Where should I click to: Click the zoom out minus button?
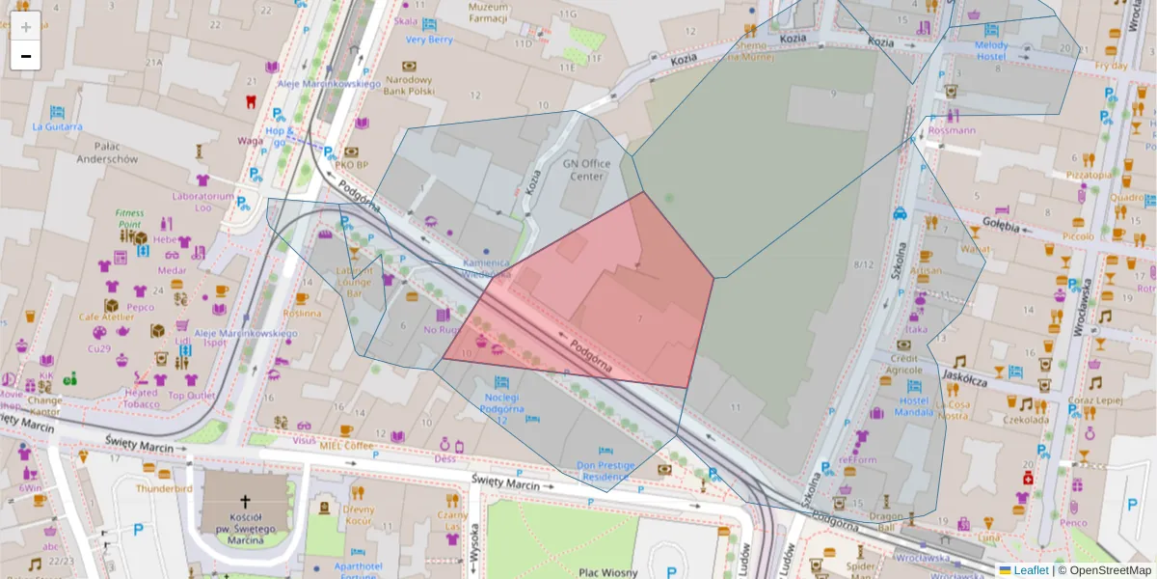click(26, 56)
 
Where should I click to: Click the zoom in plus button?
click(26, 27)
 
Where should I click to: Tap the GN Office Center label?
click(586, 170)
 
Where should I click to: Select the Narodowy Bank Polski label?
click(410, 85)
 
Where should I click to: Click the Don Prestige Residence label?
click(604, 470)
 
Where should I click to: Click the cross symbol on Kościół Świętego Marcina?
click(245, 502)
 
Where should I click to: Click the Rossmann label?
click(952, 129)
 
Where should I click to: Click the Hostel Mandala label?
click(913, 405)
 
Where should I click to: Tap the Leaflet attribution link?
click(1031, 570)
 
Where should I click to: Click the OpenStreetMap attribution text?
click(1110, 570)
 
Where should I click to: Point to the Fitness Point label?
click(129, 218)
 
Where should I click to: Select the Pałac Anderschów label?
click(107, 152)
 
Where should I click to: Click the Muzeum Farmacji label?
click(488, 13)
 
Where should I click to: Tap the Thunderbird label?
click(164, 488)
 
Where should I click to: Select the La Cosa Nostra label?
click(953, 410)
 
